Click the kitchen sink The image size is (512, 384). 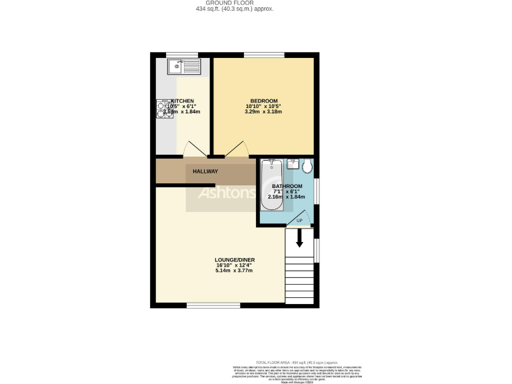183,65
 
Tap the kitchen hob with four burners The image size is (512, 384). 163,109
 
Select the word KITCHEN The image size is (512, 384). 183,101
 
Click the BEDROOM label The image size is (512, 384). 263,101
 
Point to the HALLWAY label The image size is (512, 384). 205,171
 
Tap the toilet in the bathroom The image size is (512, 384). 307,165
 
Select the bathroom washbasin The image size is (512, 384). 292,163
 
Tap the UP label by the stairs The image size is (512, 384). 299,221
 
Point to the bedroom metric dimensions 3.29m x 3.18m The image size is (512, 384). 263,111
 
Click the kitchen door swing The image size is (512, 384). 194,151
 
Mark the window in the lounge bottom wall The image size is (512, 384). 213,306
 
